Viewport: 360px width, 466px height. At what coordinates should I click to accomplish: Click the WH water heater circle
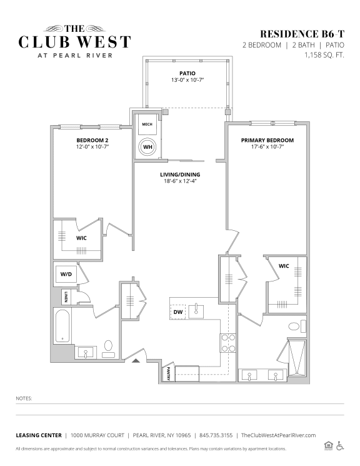[148, 147]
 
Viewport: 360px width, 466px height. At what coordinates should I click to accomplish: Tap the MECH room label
[147, 124]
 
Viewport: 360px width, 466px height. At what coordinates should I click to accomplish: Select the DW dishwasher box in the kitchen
[177, 311]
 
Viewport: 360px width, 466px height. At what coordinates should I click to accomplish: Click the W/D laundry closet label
[66, 274]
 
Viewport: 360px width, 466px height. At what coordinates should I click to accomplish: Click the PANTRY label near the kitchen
[168, 374]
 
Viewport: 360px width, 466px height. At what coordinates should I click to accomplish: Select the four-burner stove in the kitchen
[227, 344]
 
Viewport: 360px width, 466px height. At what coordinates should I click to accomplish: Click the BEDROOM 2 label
[92, 139]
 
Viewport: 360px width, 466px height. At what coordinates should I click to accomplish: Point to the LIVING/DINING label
[178, 175]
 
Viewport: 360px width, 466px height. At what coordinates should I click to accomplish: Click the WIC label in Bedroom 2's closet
[81, 238]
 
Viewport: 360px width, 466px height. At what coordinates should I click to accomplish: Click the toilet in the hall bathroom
[108, 347]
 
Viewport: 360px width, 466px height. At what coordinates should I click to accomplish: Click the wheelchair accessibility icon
[340, 445]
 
